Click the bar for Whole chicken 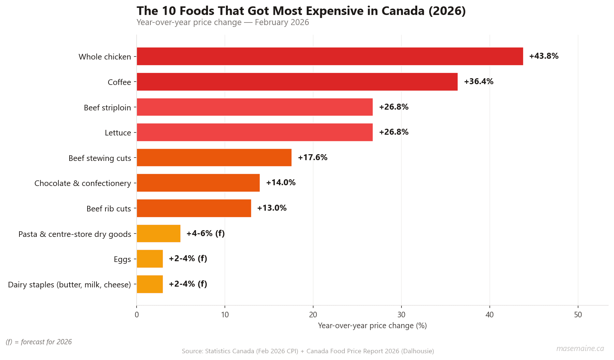329,56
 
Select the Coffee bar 297,82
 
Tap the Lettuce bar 254,132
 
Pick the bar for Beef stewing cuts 214,158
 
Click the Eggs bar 150,259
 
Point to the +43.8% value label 543,56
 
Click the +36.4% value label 478,82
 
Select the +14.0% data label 281,183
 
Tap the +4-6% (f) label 205,234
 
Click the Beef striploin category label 107,108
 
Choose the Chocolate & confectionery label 83,183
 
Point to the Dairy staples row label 70,285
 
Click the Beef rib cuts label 109,209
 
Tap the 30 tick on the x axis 401,315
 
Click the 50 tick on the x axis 578,315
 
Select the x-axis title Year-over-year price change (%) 372,326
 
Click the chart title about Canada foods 301,11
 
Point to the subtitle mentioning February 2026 223,22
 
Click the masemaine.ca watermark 580,348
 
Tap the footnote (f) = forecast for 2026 39,342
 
